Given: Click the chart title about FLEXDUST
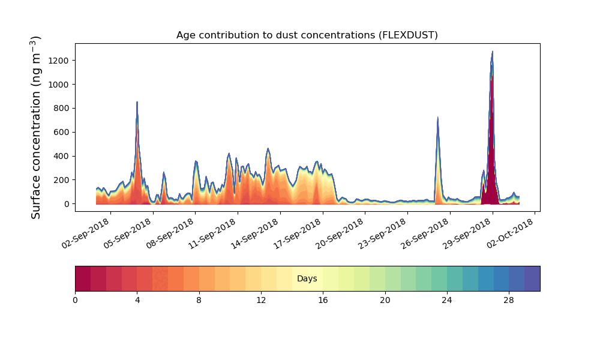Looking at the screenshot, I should coord(307,35).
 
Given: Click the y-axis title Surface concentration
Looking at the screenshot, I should coord(36,127).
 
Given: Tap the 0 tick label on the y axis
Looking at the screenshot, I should coord(67,204).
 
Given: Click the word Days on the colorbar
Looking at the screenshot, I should coord(307,279).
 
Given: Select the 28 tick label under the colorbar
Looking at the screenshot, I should coord(509,300).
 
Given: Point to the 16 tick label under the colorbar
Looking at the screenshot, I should coord(323,300).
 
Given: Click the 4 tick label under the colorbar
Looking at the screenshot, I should coord(137,300).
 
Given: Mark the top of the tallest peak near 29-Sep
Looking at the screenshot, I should coord(492,52).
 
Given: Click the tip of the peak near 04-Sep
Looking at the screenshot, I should coord(137,102).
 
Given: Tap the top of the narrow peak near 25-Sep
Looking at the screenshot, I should coord(437,118).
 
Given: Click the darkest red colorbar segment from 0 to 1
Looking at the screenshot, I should coord(83,278).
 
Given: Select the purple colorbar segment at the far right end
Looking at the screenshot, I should coord(532,278).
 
